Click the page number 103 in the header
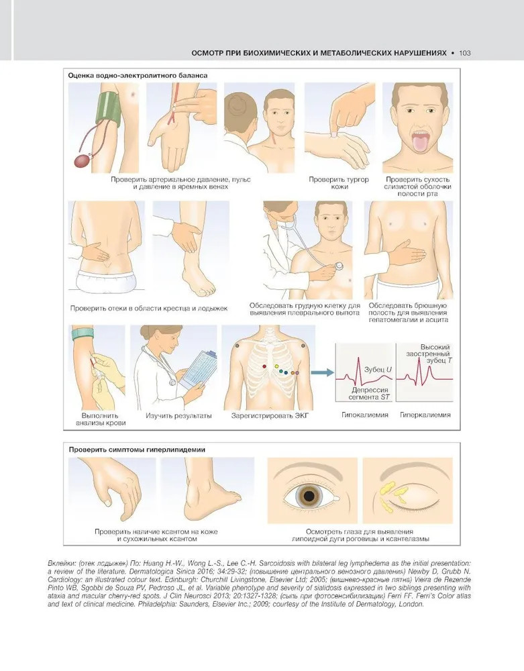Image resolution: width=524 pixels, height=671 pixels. pyautogui.click(x=464, y=53)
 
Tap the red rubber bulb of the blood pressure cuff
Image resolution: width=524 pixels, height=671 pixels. pyautogui.click(x=82, y=161)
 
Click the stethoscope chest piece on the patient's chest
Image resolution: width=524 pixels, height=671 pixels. pyautogui.click(x=339, y=265)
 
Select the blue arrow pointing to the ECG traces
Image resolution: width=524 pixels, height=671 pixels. pyautogui.click(x=322, y=372)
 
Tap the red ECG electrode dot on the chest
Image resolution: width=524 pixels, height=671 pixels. pyautogui.click(x=264, y=367)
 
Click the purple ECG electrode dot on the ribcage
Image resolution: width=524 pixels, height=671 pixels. pyautogui.click(x=297, y=372)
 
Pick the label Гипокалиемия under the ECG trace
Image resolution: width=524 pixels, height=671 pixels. pyautogui.click(x=364, y=415)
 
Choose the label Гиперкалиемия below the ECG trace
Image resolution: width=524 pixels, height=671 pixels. pyautogui.click(x=425, y=415)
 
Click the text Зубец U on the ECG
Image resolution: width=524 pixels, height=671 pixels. pyautogui.click(x=378, y=369)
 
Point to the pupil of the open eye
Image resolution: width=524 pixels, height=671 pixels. pyautogui.click(x=309, y=496)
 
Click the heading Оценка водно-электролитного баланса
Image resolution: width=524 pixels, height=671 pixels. pyautogui.click(x=138, y=75)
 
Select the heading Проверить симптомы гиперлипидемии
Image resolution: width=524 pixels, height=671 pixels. pyautogui.click(x=137, y=450)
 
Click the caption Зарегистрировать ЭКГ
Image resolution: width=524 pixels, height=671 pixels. pyautogui.click(x=270, y=415)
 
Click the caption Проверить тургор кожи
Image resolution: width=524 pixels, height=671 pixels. pyautogui.click(x=339, y=183)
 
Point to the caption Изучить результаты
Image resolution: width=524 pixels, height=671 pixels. pyautogui.click(x=178, y=415)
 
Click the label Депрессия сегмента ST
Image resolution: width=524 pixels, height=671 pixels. pyautogui.click(x=369, y=393)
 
